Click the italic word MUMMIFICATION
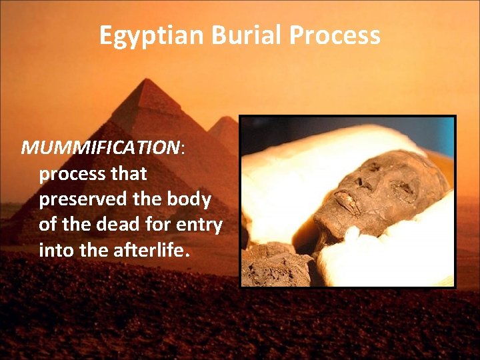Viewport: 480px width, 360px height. coord(101,147)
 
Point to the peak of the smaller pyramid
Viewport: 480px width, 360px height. coord(227,118)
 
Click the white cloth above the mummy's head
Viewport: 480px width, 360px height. coord(347,143)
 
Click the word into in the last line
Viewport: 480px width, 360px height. coord(59,251)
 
